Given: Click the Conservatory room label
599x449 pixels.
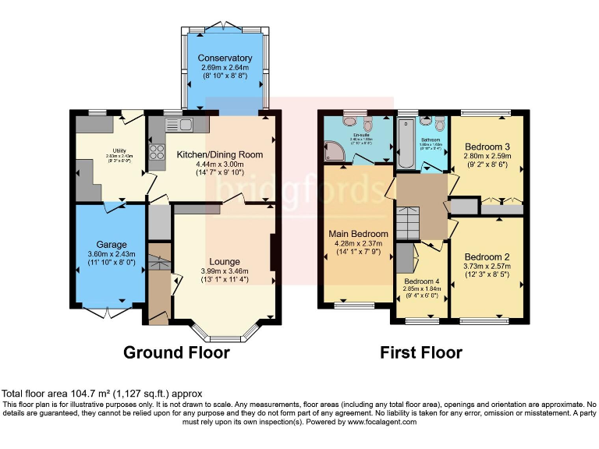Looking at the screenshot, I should pyautogui.click(x=225, y=58).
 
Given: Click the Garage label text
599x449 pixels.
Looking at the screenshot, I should pyautogui.click(x=112, y=245).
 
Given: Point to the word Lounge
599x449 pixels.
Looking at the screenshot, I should pyautogui.click(x=225, y=261).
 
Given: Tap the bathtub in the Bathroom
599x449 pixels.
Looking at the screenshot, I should pyautogui.click(x=406, y=144).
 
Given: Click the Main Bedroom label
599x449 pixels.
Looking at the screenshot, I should pyautogui.click(x=359, y=234).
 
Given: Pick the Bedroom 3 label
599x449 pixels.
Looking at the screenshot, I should pyautogui.click(x=488, y=147).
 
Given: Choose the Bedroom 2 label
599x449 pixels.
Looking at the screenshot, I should pyautogui.click(x=487, y=257).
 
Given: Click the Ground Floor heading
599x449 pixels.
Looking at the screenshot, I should pyautogui.click(x=176, y=352).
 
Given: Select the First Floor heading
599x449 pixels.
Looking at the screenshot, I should pyautogui.click(x=421, y=352).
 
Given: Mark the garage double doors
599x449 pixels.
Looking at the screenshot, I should pyautogui.click(x=108, y=312).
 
